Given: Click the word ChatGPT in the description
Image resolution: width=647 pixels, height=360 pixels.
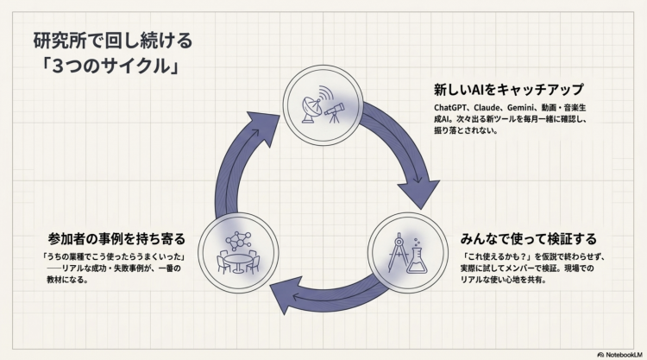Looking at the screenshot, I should click(454, 108).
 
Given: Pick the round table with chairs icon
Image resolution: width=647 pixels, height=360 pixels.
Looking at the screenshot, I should click(237, 262).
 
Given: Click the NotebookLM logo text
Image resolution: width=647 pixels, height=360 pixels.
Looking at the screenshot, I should click(618, 353).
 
